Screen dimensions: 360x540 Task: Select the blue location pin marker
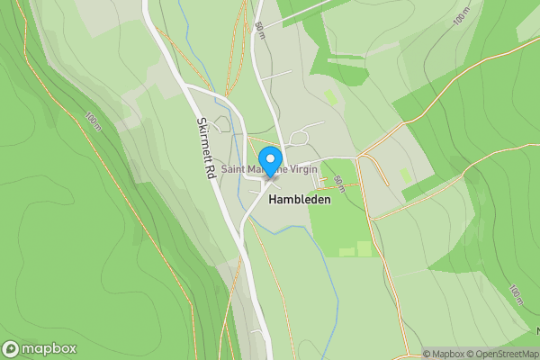(x=269, y=155)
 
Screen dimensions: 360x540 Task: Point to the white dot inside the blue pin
(x=269, y=151)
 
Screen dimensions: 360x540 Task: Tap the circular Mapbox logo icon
(x=11, y=349)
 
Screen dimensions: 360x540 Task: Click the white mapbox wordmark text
(x=49, y=349)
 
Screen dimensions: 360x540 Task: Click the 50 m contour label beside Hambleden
(x=338, y=184)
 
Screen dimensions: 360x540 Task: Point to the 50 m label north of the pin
(x=259, y=30)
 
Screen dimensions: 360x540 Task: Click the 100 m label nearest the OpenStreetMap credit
(x=515, y=295)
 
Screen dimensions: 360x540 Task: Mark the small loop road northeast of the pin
(x=299, y=138)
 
